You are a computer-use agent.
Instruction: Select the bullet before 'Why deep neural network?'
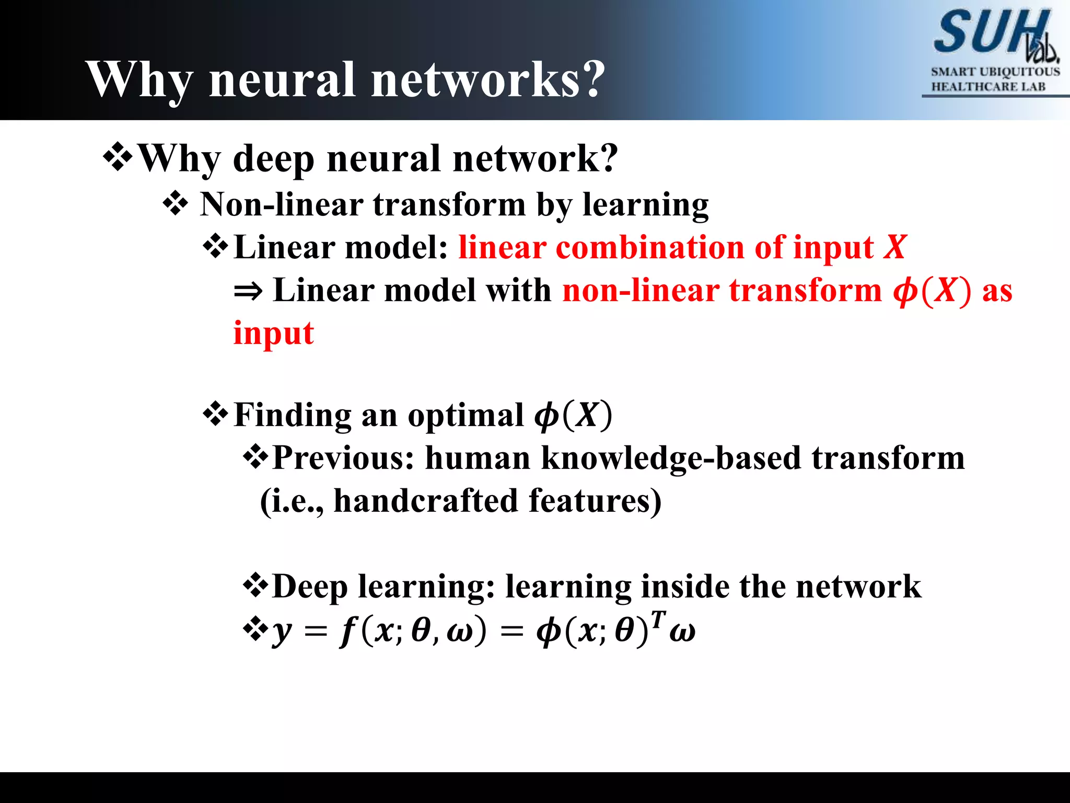[119, 157]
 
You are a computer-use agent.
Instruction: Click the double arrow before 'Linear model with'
[248, 291]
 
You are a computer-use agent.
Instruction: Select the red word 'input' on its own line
[273, 333]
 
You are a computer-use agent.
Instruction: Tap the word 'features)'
[595, 500]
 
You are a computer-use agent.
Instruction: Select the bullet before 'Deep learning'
[255, 586]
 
